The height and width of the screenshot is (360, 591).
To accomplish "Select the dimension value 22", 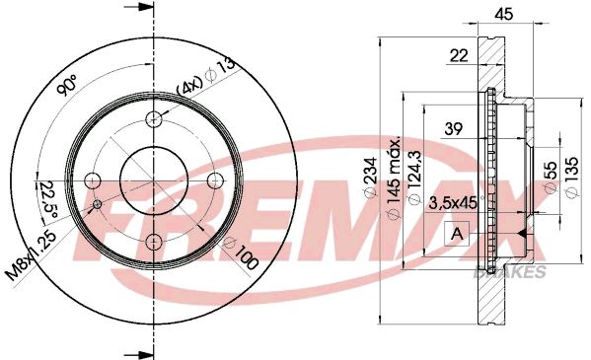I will [x=458, y=57].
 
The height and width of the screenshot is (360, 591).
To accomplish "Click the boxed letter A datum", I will [x=458, y=234].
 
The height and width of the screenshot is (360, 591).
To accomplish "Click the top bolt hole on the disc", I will [x=153, y=119].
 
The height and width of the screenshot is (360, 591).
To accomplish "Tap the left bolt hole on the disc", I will [x=92, y=180].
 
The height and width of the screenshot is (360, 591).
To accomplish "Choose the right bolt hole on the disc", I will [x=214, y=180].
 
